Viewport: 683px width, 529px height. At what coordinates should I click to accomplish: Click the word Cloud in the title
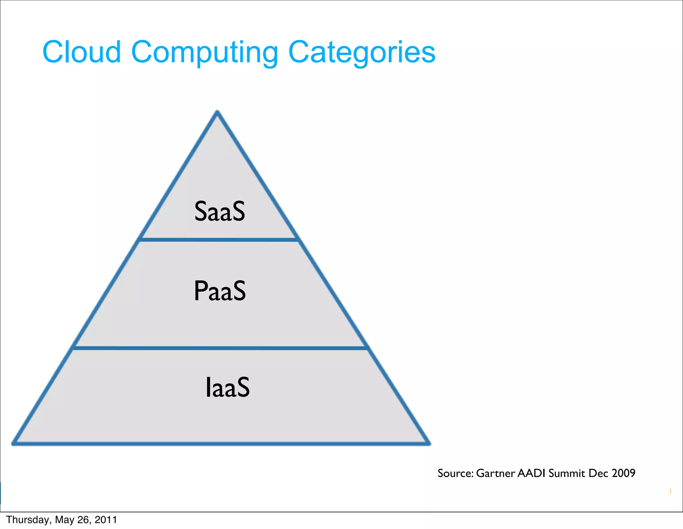[81, 52]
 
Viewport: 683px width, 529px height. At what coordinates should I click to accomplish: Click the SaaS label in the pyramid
[220, 211]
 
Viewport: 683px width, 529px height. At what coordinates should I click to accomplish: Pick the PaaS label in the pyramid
[220, 291]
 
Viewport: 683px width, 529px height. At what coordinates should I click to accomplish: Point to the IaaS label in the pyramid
[227, 387]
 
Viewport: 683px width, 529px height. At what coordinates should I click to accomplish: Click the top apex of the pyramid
[217, 112]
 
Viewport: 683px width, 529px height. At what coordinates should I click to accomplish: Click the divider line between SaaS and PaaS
[218, 240]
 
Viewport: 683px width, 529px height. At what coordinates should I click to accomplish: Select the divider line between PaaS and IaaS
[220, 348]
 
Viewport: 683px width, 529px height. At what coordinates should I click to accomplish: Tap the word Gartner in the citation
[496, 473]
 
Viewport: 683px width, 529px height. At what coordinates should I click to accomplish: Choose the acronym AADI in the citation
[531, 473]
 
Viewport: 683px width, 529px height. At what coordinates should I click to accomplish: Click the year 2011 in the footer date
[106, 520]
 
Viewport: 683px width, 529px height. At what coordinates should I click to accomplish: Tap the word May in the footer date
[65, 520]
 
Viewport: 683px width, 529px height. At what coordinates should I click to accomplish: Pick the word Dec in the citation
[599, 473]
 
